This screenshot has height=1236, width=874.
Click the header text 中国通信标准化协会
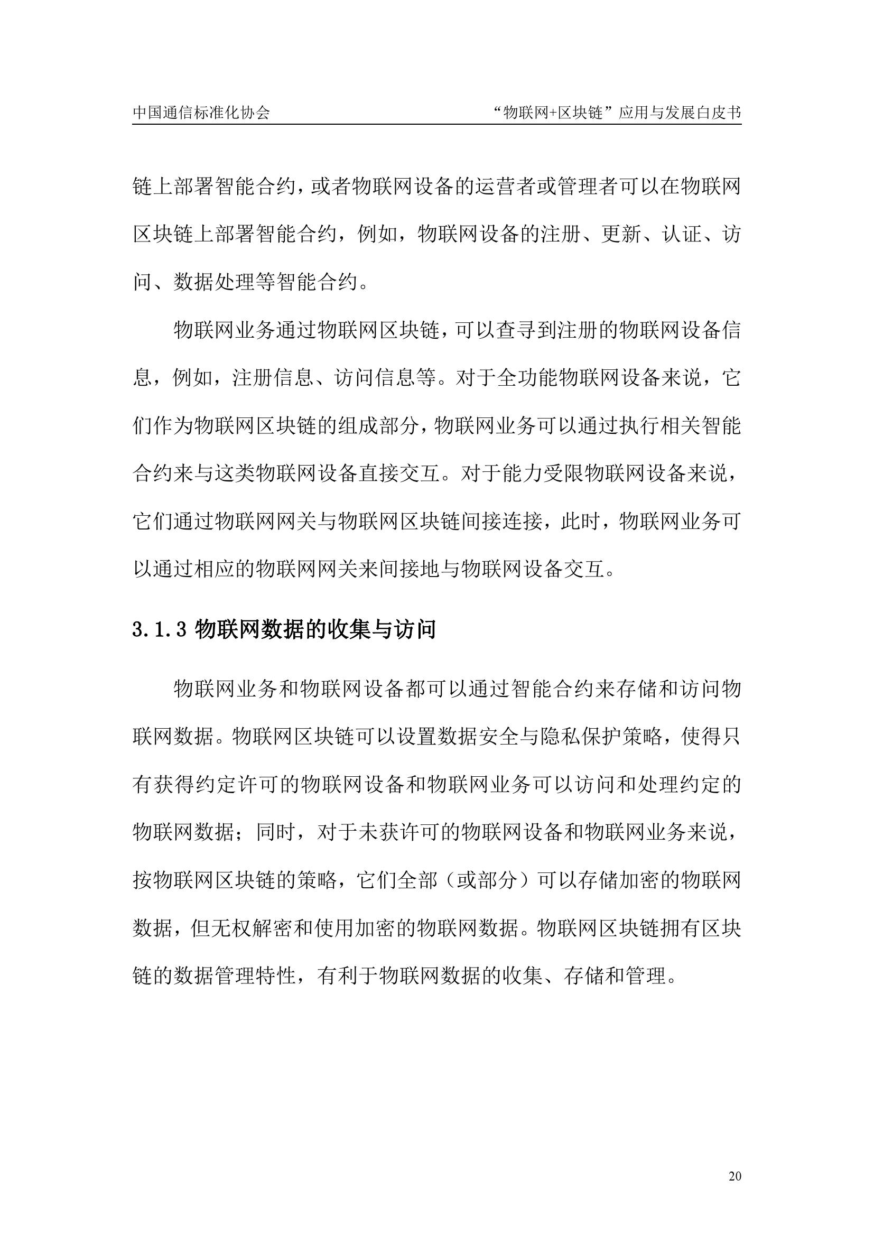[x=201, y=113]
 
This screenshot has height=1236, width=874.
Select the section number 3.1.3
[x=159, y=629]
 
